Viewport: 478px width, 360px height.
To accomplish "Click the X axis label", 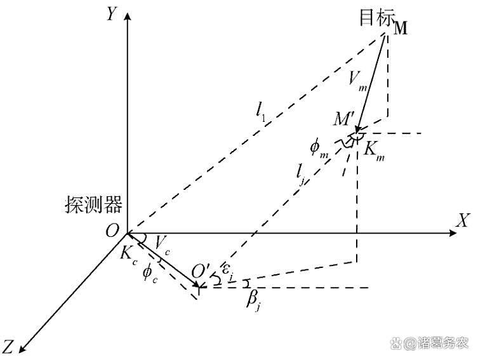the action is coord(462,220).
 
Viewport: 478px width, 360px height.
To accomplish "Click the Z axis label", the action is coord(8,346).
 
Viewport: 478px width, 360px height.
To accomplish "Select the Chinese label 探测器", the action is coord(93,204).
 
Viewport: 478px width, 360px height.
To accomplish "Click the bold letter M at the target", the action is coord(401,28).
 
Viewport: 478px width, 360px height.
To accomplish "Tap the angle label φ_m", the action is coord(319,149).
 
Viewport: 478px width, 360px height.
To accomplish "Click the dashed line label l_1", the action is coord(261,110).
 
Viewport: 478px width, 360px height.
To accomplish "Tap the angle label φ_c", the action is coord(150,273).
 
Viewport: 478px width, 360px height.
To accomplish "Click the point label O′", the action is coord(201,272).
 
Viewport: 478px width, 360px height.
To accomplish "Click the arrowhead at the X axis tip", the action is coord(453,233).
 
